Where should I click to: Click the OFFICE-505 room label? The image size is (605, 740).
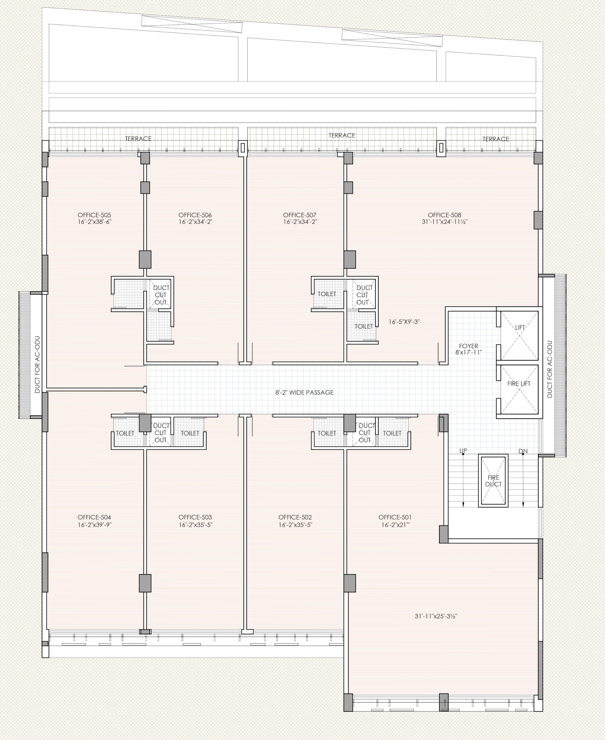[x=94, y=215]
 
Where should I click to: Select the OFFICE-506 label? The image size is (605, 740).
[x=195, y=215]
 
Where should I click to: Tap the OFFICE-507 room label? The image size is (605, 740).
[x=300, y=215]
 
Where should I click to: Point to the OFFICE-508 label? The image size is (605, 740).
[x=444, y=215]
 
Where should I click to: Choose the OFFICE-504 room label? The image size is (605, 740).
[x=94, y=517]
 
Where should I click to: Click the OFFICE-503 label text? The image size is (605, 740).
[x=195, y=517]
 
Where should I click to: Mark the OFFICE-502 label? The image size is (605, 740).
[x=295, y=517]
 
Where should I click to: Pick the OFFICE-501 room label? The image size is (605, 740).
[x=395, y=517]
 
